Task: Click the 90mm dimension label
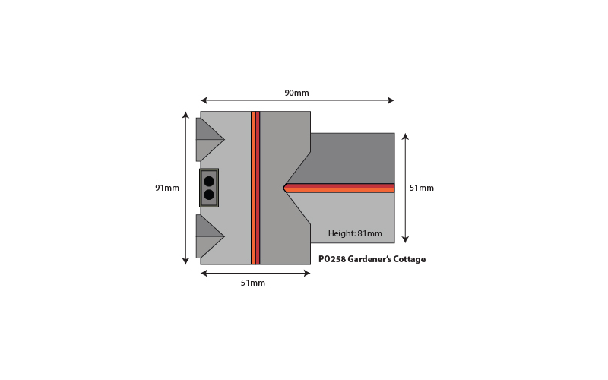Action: coord(296,93)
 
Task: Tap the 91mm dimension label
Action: coord(167,188)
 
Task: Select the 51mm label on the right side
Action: coord(422,188)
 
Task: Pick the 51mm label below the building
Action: coord(253,283)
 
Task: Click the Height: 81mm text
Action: coord(355,233)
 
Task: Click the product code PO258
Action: coord(332,259)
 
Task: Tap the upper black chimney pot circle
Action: coord(209,182)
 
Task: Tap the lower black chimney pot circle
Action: coord(209,195)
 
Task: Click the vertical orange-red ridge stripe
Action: coord(255,188)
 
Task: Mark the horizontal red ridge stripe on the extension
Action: coord(339,188)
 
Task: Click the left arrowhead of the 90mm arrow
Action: coord(204,100)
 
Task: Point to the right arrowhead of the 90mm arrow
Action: coord(391,100)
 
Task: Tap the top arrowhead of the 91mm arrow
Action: coord(185,116)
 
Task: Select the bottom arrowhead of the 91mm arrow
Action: coord(185,261)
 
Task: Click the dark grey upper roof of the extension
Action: coord(352,158)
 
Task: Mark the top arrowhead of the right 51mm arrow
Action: coord(405,137)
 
